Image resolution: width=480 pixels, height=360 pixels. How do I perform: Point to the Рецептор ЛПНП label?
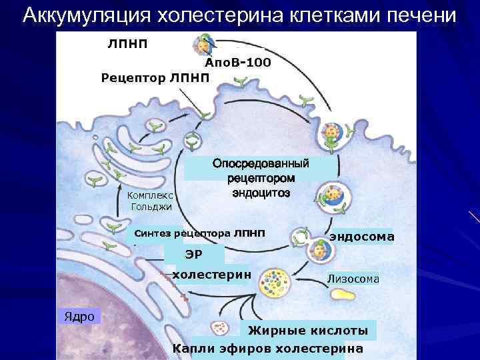155,78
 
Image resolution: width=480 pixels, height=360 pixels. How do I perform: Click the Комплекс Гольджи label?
149,201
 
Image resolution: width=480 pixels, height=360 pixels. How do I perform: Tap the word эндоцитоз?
261,193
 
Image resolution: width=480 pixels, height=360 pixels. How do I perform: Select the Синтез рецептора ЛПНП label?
199,233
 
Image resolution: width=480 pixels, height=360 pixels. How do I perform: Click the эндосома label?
361,237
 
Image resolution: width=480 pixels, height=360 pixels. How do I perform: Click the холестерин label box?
211,274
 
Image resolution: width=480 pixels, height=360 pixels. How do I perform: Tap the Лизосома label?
353,279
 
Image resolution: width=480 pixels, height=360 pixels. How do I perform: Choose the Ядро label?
79,316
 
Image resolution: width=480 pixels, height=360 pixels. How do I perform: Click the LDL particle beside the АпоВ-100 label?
201,45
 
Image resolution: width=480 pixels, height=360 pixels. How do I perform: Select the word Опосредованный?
261,164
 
